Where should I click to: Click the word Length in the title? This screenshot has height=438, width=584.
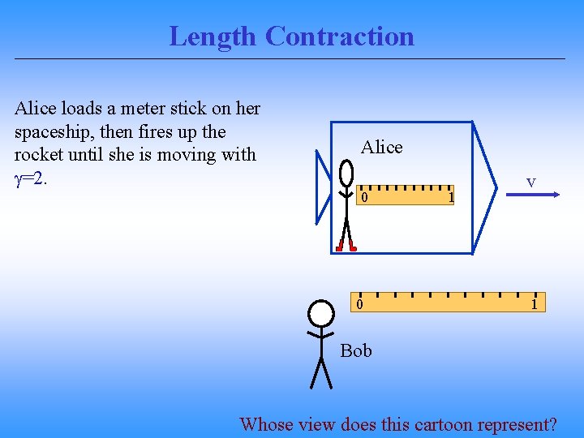tap(213, 36)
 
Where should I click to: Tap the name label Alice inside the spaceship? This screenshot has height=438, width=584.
tap(381, 147)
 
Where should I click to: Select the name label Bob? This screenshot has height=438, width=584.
tap(356, 350)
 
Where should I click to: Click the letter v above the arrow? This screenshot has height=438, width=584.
tap(530, 182)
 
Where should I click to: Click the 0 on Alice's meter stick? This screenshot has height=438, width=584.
tap(365, 197)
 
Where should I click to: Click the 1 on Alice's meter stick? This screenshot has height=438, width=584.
tap(452, 197)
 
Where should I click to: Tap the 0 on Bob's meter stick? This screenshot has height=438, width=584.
tap(359, 304)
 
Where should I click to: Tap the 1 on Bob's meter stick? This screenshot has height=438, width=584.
tap(534, 304)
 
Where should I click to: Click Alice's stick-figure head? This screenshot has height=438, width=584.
tap(347, 173)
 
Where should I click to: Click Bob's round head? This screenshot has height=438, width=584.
tap(321, 314)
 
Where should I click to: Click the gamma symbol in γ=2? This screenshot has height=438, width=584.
tap(19, 178)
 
